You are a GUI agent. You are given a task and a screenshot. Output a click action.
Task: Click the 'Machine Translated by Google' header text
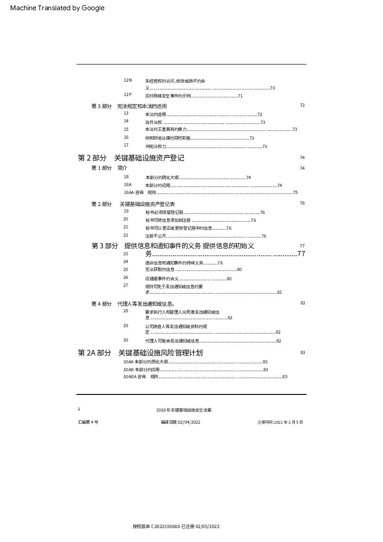57,8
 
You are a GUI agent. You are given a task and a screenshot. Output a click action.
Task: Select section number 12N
128,80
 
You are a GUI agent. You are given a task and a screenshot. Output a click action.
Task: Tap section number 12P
128,95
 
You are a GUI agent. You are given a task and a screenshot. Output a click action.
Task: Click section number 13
126,113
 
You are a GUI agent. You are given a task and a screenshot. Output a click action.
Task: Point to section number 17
126,145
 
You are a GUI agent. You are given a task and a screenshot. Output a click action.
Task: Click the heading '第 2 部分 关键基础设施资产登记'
131,158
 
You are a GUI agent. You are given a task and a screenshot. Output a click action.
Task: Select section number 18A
128,185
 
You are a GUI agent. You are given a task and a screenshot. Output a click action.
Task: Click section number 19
126,211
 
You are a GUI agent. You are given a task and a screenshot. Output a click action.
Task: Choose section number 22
126,235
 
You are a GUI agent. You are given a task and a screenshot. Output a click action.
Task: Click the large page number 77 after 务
301,254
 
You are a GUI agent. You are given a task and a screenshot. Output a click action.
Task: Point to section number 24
126,262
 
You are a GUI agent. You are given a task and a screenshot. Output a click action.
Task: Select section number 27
126,285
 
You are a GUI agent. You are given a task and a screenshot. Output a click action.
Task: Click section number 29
126,326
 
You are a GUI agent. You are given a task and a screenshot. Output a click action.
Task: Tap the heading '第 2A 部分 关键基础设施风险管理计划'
140,353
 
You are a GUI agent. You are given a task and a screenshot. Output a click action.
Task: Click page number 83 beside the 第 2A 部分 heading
302,353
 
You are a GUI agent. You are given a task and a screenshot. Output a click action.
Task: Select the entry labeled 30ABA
130,377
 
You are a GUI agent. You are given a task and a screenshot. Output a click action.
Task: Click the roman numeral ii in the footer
79,409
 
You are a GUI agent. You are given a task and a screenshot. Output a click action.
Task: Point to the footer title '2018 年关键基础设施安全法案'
184,410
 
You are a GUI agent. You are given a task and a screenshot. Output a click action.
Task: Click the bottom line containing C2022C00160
176,527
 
